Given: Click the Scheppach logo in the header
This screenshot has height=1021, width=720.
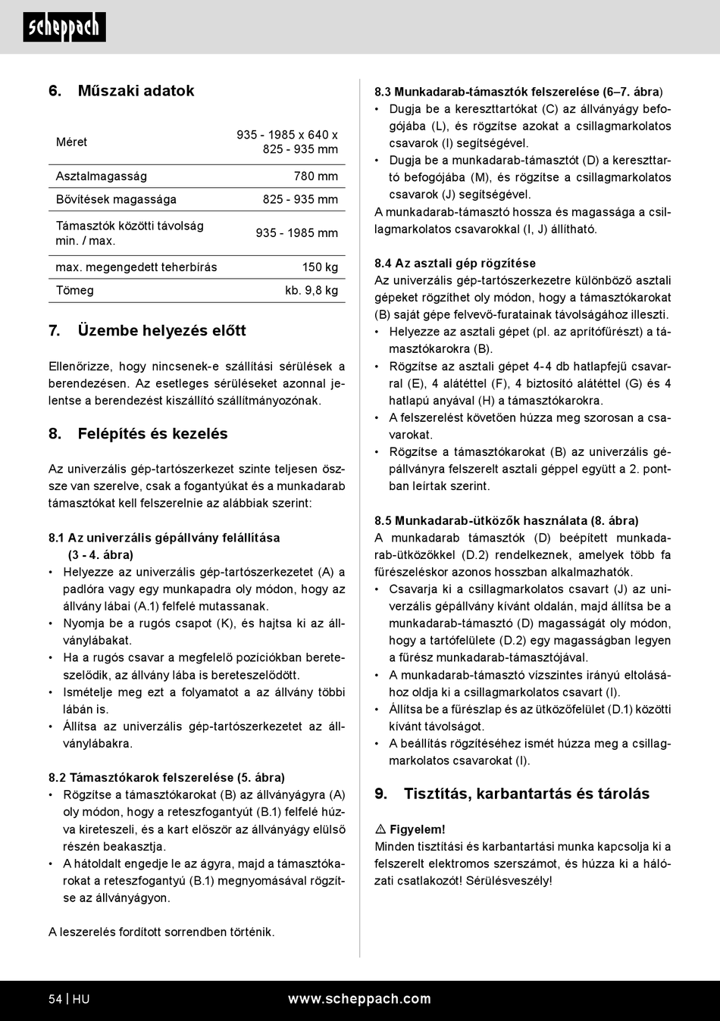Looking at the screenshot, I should pos(64,27).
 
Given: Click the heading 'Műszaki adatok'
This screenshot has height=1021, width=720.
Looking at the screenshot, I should pos(136,91).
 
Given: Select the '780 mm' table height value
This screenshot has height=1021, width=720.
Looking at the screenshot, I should pos(316,176).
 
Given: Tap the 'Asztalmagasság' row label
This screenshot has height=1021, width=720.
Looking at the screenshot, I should pos(102,176).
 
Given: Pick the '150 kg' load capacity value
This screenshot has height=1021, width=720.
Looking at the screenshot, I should pos(320,267).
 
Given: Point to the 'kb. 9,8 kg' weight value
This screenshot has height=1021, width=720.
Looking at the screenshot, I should pos(311,290).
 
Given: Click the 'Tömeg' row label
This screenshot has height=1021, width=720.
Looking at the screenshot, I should pos(75,290).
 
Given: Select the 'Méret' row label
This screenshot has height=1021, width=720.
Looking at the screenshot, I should pos(71,142).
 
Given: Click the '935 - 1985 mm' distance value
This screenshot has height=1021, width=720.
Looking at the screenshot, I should pos(297,233).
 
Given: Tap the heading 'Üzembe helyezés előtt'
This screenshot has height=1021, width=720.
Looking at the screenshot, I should pos(161,331).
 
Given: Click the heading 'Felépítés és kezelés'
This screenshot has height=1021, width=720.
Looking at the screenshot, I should pos(152,434).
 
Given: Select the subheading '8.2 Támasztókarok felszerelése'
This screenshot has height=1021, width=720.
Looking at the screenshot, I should pos(167,778).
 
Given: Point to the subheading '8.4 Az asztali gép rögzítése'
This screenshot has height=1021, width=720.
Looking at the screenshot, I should pos(455,264).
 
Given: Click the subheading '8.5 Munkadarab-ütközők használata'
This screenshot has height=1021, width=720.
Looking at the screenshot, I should pos(506,521).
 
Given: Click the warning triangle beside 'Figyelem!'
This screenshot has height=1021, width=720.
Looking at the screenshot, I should pos(380,829).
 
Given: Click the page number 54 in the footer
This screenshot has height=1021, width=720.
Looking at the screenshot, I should pos(55,999).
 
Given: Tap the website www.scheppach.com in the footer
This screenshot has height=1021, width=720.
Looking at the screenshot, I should pos(359,999).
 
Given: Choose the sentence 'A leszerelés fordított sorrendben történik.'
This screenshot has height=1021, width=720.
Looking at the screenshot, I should pos(161,932).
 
